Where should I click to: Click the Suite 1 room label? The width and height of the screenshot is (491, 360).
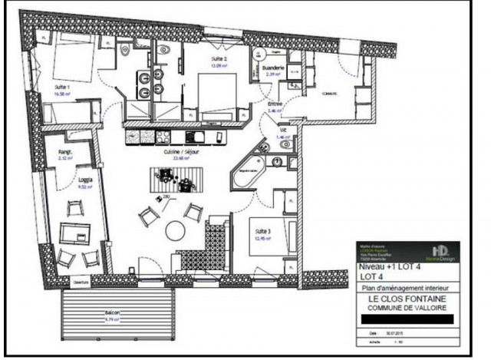pos(62,88)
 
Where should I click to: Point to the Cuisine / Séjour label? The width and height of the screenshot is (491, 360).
pos(182,152)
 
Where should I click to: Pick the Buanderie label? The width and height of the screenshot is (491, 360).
pos(275,68)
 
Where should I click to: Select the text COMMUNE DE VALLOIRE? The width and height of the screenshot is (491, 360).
pos(407,307)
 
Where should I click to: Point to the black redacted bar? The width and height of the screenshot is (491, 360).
pos(407,319)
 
